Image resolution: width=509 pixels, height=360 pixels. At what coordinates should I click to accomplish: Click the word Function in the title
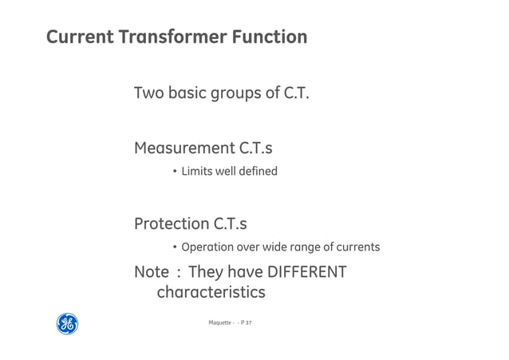pyautogui.click(x=270, y=37)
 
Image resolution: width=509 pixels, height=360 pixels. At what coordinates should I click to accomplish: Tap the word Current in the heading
pyautogui.click(x=79, y=37)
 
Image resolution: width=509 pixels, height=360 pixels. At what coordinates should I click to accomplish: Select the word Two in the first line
pyautogui.click(x=148, y=93)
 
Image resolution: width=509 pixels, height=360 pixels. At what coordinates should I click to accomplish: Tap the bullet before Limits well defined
pyautogui.click(x=175, y=171)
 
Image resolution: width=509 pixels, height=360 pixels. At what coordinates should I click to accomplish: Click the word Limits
pyautogui.click(x=195, y=171)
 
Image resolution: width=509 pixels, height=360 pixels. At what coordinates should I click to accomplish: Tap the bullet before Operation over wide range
pyautogui.click(x=175, y=247)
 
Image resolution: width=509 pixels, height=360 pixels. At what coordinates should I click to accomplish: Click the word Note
pyautogui.click(x=152, y=272)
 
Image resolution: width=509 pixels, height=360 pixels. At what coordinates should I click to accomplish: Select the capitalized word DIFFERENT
pyautogui.click(x=306, y=272)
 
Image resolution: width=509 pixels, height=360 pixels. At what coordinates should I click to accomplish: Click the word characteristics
pyautogui.click(x=211, y=293)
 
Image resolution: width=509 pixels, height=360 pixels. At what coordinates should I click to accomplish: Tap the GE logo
pyautogui.click(x=67, y=323)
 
